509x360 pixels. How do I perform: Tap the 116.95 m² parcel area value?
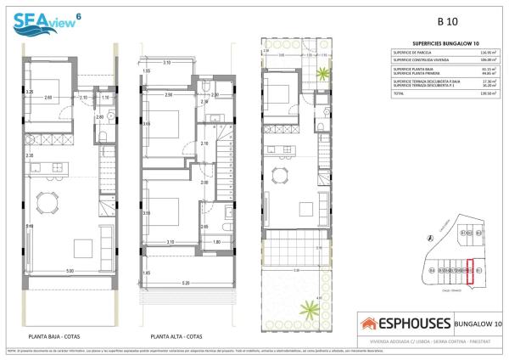tap(489, 53)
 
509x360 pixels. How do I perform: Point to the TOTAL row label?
tap(400, 93)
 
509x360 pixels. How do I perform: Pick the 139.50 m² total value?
tap(489, 93)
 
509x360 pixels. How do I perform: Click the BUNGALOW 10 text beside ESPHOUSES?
tap(477, 323)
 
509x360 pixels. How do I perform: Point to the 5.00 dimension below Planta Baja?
tap(70, 270)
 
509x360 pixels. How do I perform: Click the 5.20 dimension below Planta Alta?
tap(185, 282)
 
